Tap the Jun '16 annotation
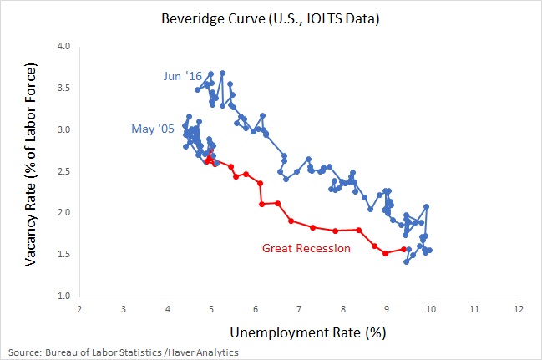pos(182,77)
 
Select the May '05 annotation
pos(152,129)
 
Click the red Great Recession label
pos(300,248)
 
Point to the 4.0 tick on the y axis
pos(62,47)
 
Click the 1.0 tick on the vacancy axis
pos(62,296)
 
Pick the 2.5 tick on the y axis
pos(62,171)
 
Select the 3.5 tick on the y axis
pos(62,89)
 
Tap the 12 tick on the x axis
pos(518,309)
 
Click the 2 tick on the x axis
pos(79,309)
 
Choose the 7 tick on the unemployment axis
pos(299,309)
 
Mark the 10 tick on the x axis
pos(430,309)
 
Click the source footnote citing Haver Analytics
pos(124,352)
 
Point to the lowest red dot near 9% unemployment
pos(385,253)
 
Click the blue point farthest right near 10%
pos(430,250)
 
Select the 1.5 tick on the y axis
pos(62,254)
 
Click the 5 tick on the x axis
pos(211,309)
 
